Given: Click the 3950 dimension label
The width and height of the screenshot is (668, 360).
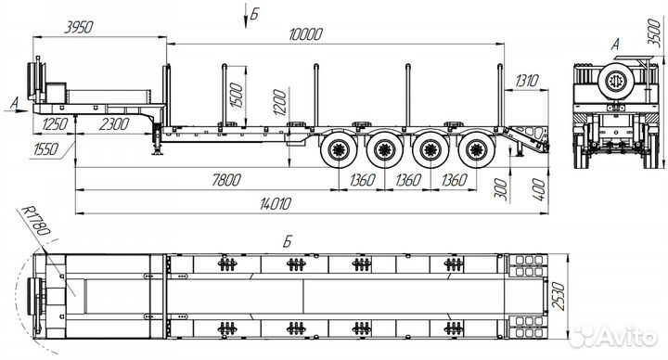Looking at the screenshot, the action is point(78,28).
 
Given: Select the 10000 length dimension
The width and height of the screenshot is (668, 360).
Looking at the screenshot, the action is point(305,34).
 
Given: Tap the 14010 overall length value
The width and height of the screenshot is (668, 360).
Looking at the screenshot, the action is point(275,204).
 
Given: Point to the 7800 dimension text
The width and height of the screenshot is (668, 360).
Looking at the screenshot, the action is point(225,180).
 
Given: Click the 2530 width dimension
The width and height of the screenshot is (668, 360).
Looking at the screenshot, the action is point(559,297).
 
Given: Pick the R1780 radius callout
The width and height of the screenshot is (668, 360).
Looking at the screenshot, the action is point(36,221).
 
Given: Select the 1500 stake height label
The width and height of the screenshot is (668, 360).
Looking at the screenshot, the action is point(236,96).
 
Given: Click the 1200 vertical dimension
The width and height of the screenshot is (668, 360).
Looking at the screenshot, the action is point(280,102).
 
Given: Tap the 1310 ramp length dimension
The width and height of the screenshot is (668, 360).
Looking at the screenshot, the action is point(527,81).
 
